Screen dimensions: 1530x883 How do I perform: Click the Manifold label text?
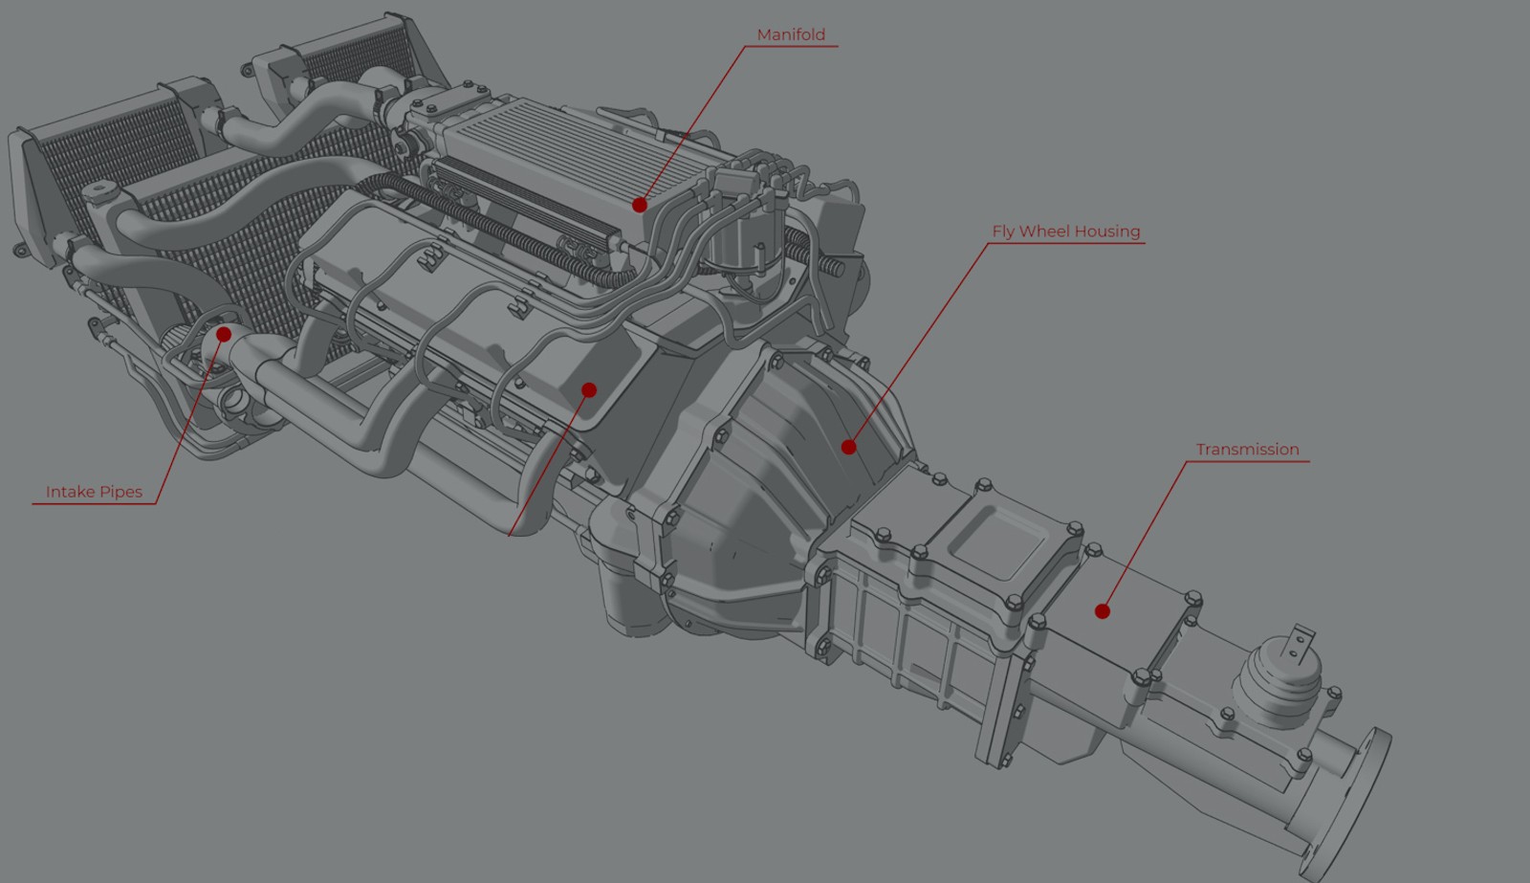click(791, 34)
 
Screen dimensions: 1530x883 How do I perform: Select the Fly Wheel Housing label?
click(1066, 232)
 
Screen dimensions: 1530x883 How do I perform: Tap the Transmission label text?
click(1247, 449)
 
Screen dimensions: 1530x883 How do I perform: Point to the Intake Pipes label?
click(95, 492)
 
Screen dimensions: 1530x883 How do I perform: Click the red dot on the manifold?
click(640, 205)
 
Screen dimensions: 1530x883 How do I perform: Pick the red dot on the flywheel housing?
click(848, 447)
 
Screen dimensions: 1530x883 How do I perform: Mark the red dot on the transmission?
click(1103, 611)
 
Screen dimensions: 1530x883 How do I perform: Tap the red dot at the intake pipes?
click(224, 334)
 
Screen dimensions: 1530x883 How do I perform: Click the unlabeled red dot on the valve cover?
click(589, 390)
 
